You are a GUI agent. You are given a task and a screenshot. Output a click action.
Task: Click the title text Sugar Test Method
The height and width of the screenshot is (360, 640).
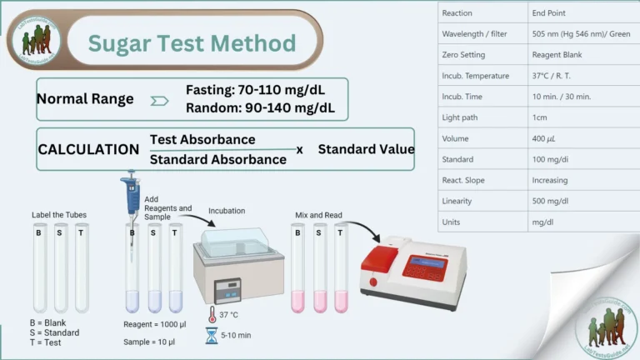tap(192, 43)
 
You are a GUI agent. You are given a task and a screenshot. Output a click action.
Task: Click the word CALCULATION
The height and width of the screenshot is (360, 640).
tap(88, 149)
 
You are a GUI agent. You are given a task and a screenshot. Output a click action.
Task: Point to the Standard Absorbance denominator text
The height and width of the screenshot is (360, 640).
tap(218, 159)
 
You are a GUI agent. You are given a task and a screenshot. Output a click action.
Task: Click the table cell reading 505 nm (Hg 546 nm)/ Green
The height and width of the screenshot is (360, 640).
tap(577, 33)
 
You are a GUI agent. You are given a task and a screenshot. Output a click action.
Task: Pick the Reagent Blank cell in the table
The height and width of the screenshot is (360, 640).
tap(561, 54)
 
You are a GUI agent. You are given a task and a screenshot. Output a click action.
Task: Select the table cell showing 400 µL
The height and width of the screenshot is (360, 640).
tap(544, 137)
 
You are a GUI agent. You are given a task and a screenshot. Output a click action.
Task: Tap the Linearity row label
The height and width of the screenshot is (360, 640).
tap(457, 200)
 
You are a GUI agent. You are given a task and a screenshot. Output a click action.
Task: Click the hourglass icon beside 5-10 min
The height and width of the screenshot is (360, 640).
tap(212, 336)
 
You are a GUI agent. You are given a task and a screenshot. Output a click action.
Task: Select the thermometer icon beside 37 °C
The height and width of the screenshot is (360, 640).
tap(212, 315)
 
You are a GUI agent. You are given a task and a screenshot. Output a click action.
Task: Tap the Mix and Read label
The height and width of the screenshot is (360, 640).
tap(313, 215)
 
